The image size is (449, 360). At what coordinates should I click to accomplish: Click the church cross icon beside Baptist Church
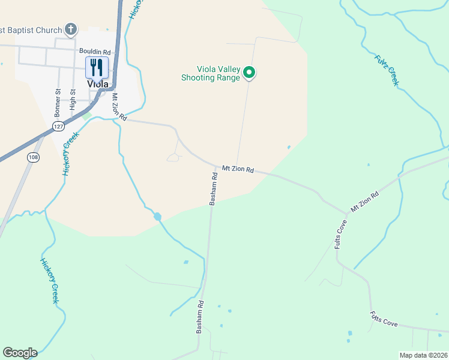point(71,29)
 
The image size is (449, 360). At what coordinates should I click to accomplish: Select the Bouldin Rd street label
point(95,52)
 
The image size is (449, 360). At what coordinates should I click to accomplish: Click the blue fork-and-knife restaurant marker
point(96,67)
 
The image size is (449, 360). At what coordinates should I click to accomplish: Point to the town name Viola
point(97,84)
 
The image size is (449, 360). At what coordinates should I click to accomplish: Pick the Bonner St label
point(58,103)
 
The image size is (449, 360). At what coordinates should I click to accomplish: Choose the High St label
point(73,100)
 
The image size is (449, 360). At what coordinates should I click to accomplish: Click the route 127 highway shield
point(58,127)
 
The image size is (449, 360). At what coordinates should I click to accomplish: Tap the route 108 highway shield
point(33,157)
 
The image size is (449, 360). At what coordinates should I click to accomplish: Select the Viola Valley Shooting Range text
point(211,73)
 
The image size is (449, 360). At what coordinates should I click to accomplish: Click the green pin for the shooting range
point(249,73)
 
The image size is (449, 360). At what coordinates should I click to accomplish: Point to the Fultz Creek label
point(387,70)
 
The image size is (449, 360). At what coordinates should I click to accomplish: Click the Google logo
point(20,352)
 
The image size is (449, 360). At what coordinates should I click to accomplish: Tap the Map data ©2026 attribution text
point(423,355)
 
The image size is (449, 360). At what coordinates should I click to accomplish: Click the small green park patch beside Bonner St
point(87,115)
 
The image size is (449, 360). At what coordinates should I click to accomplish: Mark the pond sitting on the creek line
point(157,216)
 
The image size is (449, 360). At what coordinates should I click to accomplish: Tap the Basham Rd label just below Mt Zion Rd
point(213,189)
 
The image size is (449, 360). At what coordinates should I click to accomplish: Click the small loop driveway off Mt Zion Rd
point(173,157)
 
